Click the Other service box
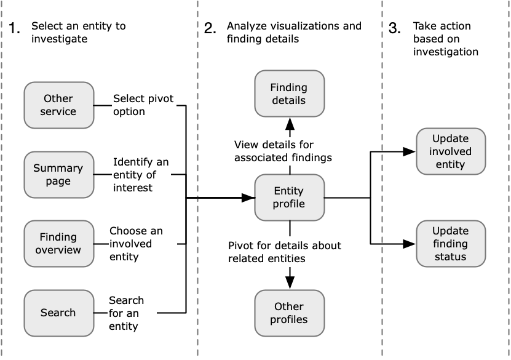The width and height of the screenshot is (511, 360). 58,105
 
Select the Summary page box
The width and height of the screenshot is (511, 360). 58,175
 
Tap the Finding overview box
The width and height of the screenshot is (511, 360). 58,244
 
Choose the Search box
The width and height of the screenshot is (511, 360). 58,313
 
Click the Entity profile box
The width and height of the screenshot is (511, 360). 289,198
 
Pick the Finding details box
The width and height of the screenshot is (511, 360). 289,93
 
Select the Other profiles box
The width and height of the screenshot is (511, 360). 289,313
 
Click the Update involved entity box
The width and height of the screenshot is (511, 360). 451,151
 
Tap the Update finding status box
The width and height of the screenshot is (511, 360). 451,244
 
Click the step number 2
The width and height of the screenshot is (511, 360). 210,28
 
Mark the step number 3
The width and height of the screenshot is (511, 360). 395,28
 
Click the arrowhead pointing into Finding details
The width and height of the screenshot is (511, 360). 289,122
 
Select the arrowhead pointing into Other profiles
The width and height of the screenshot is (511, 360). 289,282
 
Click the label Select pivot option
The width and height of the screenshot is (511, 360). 137,105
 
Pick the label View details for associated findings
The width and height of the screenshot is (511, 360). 283,151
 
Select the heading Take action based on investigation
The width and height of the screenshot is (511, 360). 445,39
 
